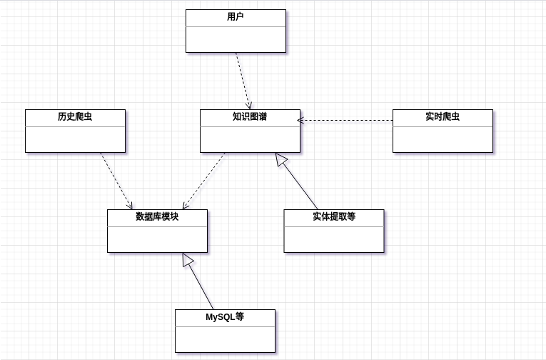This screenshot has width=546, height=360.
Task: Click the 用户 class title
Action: [236, 17]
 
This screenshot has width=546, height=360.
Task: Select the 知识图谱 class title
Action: [250, 116]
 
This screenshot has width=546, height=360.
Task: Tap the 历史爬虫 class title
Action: [75, 116]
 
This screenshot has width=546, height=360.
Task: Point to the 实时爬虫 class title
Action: [443, 116]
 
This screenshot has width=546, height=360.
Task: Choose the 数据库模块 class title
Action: [157, 216]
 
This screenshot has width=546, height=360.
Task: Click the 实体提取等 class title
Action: [333, 216]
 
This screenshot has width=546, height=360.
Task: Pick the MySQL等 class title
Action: [225, 316]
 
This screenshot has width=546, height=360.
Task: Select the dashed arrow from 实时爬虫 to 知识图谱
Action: [346, 121]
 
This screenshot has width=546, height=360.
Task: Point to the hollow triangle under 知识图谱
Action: [280, 160]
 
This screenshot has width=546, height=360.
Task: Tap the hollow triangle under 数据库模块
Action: [188, 260]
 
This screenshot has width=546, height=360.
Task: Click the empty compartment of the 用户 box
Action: [236, 39]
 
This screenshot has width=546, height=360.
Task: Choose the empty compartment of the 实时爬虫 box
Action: [443, 139]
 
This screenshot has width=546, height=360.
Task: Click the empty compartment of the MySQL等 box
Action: [225, 339]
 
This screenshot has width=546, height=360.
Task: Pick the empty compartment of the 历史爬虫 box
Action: [75, 139]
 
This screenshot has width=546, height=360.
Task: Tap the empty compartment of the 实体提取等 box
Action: [333, 239]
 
